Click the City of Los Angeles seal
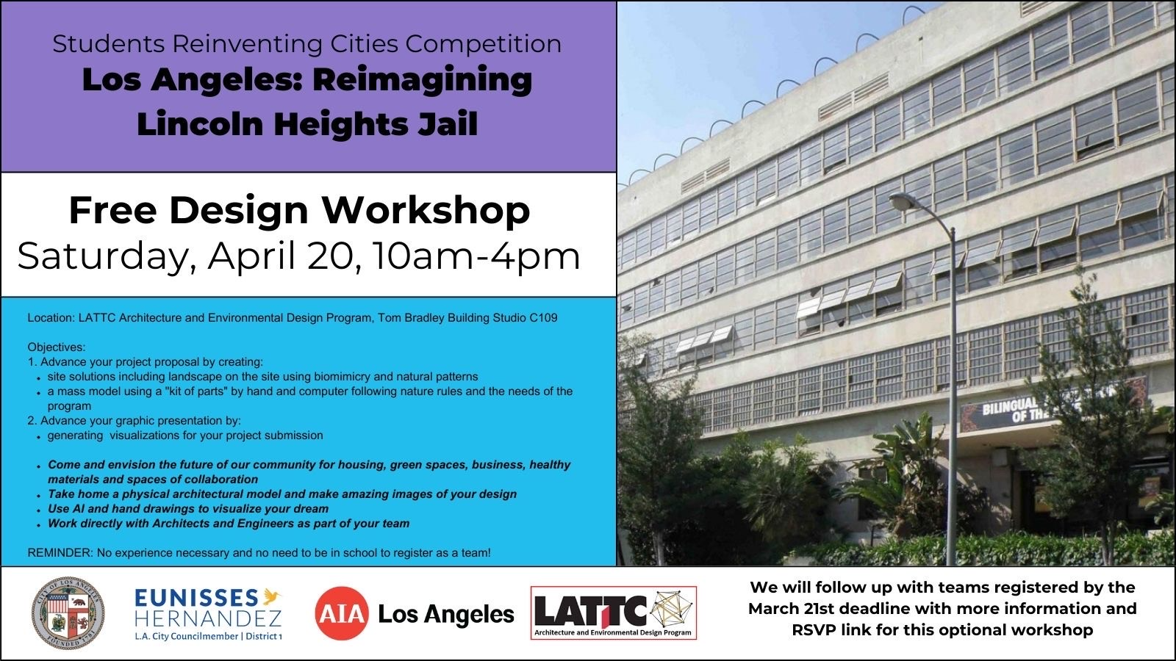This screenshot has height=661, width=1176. click(68, 613)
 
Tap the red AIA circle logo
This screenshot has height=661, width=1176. click(341, 613)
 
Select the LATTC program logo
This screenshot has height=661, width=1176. click(614, 613)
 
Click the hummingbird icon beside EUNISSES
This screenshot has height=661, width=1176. click(272, 596)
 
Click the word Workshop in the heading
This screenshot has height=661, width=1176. click(426, 211)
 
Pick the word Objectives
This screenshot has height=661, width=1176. click(56, 347)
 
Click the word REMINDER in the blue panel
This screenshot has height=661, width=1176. click(60, 553)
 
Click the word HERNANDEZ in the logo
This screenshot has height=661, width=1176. click(208, 619)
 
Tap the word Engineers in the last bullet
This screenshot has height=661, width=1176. click(273, 524)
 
